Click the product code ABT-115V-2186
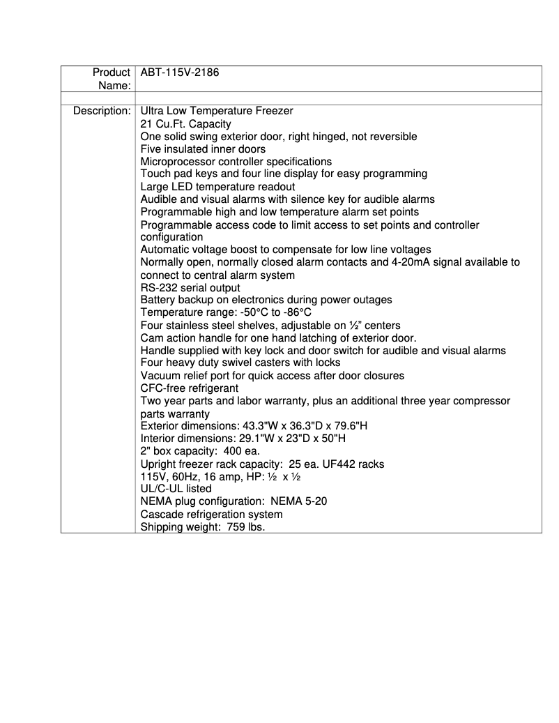coord(180,73)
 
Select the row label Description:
coord(102,111)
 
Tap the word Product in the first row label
coord(112,73)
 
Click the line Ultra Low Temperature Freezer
coord(217,111)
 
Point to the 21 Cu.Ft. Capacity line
coord(185,123)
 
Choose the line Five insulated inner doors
coord(203,149)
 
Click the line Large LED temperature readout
coord(217,187)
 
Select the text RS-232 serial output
coord(190,287)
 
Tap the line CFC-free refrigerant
coord(190,388)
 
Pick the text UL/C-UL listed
coord(176,489)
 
